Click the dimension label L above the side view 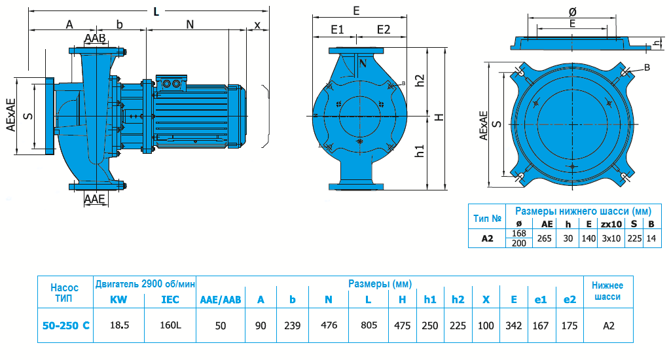coord(155,10)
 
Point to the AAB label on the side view coord(96,39)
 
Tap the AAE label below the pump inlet coord(95,199)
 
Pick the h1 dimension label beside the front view coord(420,151)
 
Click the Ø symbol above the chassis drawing coord(572,11)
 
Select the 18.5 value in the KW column coord(119,325)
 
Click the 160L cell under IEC coord(170,325)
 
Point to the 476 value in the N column coord(329,325)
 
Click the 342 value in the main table coord(514,325)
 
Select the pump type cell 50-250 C coord(65,325)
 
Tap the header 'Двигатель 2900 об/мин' coord(145,283)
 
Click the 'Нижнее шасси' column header coord(607,291)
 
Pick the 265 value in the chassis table coord(544,238)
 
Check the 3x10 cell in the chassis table coord(611,238)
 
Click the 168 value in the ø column coord(519,234)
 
